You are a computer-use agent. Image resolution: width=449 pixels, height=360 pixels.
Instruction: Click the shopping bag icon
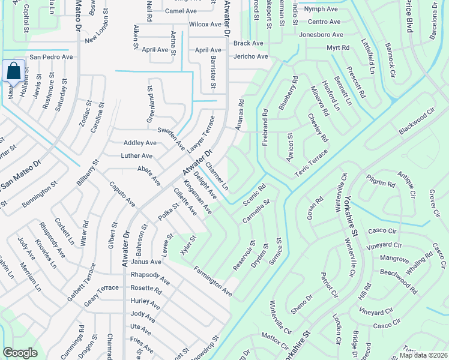(x=13, y=71)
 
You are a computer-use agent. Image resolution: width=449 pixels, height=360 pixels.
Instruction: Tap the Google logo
(x=20, y=353)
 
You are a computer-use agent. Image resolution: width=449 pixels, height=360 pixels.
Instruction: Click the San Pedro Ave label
(x=51, y=57)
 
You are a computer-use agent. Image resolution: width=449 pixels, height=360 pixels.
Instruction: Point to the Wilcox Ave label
(x=205, y=25)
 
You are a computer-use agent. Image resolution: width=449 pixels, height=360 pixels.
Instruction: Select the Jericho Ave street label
(x=250, y=56)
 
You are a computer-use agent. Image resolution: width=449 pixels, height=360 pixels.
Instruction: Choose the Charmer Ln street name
(x=217, y=176)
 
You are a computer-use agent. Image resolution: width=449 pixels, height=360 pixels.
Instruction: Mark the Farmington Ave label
(x=212, y=281)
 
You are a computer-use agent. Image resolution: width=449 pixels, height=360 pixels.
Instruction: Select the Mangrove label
(x=394, y=258)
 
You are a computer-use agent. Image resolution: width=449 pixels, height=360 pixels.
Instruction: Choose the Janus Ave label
(x=146, y=262)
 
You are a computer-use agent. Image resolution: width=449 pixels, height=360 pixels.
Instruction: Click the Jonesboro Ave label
(x=321, y=35)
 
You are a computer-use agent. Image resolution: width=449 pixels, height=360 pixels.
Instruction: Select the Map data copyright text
(x=423, y=355)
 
